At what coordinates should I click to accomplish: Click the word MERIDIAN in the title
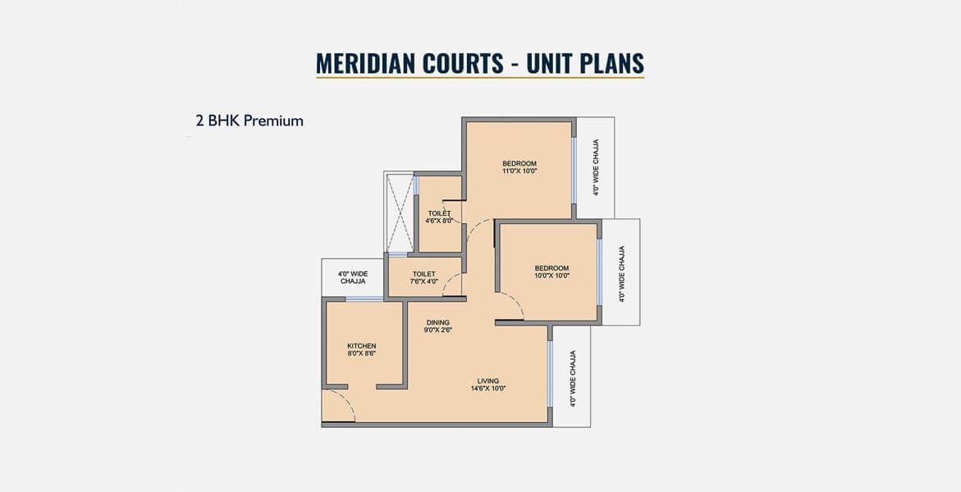point(357,64)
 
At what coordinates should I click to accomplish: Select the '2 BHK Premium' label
point(249,121)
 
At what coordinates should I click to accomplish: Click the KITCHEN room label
point(362,346)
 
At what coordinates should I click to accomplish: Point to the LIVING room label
point(488,381)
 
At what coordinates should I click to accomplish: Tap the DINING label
point(437,323)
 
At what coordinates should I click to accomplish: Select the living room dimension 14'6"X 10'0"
point(488,389)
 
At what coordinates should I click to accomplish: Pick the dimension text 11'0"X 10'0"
point(519,171)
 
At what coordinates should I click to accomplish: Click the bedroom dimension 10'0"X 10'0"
point(551,276)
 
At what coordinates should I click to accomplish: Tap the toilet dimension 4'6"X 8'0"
point(439,221)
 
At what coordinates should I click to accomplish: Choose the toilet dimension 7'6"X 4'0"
point(424,281)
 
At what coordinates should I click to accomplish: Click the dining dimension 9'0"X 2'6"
point(437,330)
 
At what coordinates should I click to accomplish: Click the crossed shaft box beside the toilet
point(399,213)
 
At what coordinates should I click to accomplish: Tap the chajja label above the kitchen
point(352,277)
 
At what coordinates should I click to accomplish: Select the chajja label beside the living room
point(573,379)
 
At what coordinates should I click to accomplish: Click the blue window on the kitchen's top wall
point(364,299)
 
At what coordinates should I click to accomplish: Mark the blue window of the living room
point(550,374)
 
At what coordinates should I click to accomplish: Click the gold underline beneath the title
point(480,78)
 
